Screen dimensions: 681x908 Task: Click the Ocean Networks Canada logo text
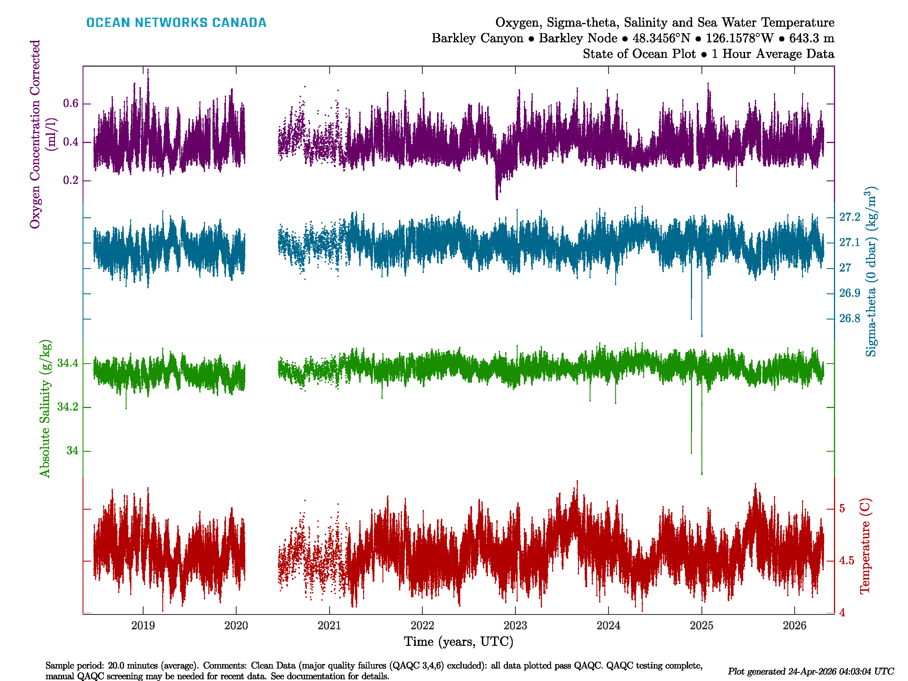pyautogui.click(x=176, y=23)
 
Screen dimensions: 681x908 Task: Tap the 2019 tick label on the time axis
pyautogui.click(x=143, y=626)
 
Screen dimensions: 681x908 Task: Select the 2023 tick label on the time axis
pyautogui.click(x=515, y=626)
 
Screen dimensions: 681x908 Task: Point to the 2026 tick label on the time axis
pyautogui.click(x=794, y=626)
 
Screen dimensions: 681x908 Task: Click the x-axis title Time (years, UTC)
pyautogui.click(x=459, y=642)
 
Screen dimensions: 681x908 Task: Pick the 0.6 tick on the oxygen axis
pyautogui.click(x=71, y=104)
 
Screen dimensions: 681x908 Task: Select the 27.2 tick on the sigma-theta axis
pyautogui.click(x=849, y=217)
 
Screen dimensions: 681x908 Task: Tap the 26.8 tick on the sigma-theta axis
pyautogui.click(x=849, y=319)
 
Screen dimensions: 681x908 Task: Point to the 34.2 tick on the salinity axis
pyautogui.click(x=67, y=407)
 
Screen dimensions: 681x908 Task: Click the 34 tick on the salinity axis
pyautogui.click(x=72, y=451)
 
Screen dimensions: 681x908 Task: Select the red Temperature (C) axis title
pyautogui.click(x=865, y=546)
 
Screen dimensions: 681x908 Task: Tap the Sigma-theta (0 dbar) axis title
pyautogui.click(x=870, y=272)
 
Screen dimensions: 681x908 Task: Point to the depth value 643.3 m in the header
pyautogui.click(x=812, y=38)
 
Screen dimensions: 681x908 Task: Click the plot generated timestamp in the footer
pyautogui.click(x=810, y=672)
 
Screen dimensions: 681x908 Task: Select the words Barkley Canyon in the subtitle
pyautogui.click(x=477, y=38)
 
